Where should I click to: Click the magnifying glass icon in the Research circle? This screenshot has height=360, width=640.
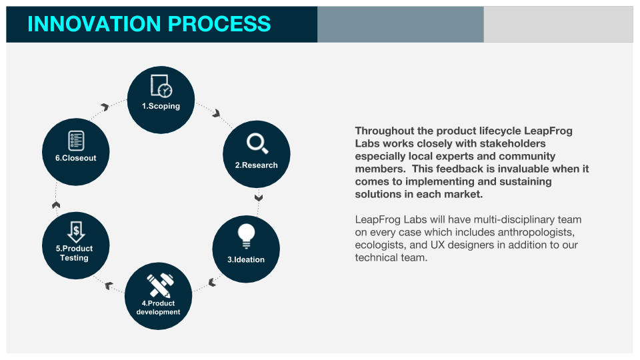[x=256, y=143]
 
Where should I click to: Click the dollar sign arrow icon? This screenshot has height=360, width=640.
[x=76, y=231]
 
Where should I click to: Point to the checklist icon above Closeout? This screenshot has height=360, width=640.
[x=76, y=141]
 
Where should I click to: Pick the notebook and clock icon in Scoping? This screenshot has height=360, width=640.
[x=161, y=87]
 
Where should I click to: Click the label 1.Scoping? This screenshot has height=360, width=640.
[x=161, y=106]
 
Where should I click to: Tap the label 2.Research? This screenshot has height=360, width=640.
[x=256, y=165]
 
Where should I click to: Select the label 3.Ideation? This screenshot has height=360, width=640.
[x=246, y=259]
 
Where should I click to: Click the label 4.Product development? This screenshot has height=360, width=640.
[x=159, y=307]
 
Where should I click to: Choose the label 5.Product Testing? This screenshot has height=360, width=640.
[x=75, y=253]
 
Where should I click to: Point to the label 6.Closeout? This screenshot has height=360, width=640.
[x=75, y=158]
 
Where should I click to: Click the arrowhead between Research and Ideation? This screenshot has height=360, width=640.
[x=259, y=197]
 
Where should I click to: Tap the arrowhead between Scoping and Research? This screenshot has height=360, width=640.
[x=216, y=113]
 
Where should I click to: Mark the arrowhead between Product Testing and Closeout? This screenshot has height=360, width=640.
[x=56, y=204]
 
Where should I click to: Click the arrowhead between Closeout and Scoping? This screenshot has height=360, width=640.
[x=105, y=107]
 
